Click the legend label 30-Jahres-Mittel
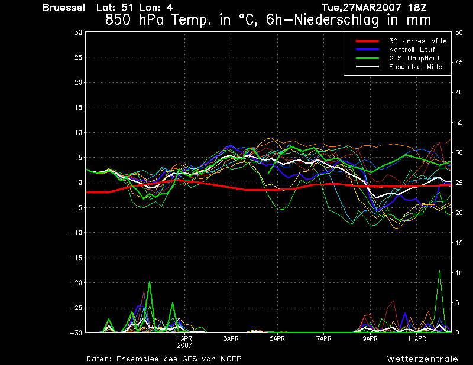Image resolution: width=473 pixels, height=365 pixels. [419, 41]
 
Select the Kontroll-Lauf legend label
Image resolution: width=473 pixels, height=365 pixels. [412, 50]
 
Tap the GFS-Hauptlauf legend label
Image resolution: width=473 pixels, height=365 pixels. [414, 58]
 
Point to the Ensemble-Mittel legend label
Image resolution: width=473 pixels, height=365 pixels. [416, 67]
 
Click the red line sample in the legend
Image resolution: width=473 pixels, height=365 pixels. [367, 41]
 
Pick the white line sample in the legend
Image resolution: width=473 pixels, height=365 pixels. [367, 67]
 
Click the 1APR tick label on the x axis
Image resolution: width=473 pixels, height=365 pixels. [184, 338]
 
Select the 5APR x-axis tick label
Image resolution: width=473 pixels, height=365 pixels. [277, 338]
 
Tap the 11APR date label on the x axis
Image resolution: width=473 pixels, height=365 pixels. [417, 338]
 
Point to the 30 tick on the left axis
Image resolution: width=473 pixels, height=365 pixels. [78, 32]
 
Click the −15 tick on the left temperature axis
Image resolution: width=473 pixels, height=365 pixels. [76, 258]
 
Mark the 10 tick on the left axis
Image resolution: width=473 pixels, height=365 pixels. [79, 132]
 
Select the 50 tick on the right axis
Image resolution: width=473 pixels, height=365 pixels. [459, 32]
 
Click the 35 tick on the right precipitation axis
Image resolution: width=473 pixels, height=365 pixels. [459, 123]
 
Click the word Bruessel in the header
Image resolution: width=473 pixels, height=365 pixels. [64, 8]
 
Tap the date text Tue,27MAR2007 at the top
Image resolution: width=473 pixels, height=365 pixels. [362, 8]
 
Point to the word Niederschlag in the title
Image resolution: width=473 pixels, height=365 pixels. [336, 20]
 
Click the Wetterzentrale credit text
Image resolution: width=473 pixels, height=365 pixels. [423, 359]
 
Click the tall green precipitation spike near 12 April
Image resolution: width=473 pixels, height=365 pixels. [439, 301]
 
